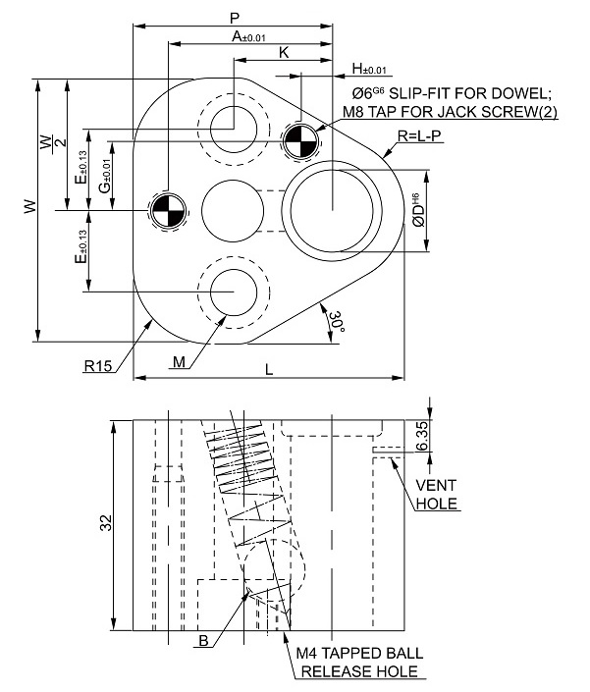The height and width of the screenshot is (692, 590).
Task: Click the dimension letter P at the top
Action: [235, 18]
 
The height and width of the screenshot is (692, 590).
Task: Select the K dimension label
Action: [284, 53]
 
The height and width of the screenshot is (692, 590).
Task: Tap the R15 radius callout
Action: [98, 366]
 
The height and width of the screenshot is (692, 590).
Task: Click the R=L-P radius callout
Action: [419, 135]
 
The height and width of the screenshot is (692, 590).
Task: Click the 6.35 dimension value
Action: [422, 436]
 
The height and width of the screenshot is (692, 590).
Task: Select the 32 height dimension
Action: [106, 522]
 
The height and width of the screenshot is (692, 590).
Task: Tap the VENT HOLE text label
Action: [437, 495]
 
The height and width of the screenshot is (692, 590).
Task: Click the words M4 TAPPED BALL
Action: [359, 653]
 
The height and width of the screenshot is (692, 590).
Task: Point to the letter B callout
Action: [203, 640]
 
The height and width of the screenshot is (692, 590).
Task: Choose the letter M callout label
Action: [179, 362]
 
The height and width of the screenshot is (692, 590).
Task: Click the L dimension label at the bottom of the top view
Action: [269, 369]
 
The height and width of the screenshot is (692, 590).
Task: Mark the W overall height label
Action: [30, 206]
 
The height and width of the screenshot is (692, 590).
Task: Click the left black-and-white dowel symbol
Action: [168, 210]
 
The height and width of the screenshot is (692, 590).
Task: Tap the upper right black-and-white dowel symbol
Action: [300, 140]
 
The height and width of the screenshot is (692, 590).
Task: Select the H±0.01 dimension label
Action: [369, 69]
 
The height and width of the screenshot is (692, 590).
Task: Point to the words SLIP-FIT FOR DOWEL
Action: [470, 93]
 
